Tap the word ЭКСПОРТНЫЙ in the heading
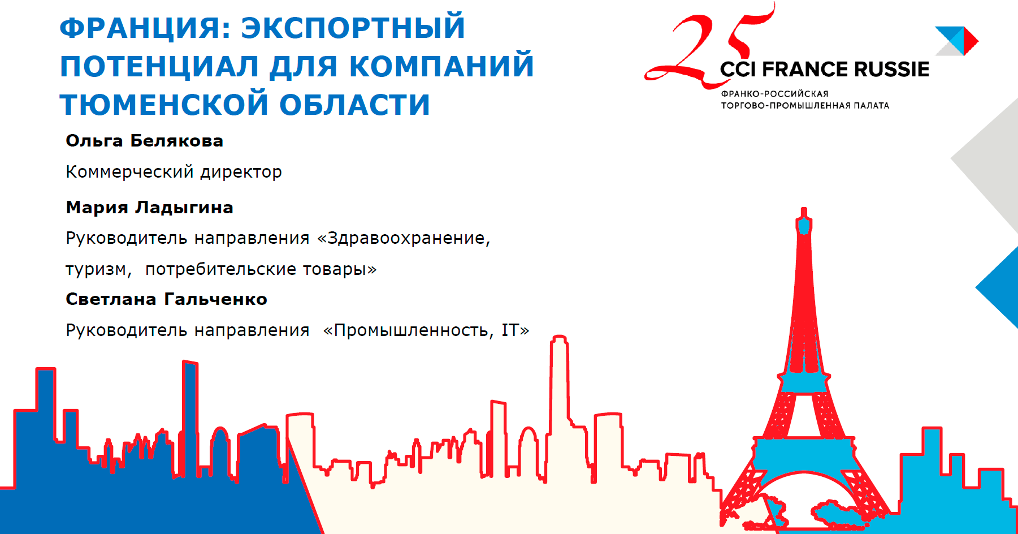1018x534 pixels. click(x=353, y=28)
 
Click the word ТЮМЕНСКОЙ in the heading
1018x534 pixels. click(x=164, y=105)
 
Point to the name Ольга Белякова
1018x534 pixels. click(x=145, y=141)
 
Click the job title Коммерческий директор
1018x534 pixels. click(x=174, y=171)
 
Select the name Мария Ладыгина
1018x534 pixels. click(x=150, y=208)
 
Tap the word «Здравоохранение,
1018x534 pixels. click(x=404, y=238)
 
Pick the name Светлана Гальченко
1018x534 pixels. click(x=167, y=299)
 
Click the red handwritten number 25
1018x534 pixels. click(x=709, y=48)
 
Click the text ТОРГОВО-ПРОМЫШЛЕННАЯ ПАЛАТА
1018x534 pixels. click(x=805, y=106)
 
